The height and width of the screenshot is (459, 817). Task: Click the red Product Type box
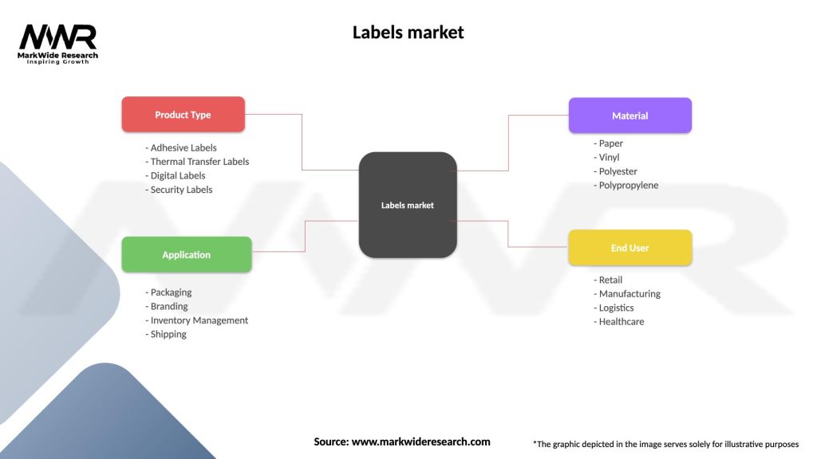coord(183,115)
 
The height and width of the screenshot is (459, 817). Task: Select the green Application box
coord(186,255)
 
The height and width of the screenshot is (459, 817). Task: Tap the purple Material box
coord(630,116)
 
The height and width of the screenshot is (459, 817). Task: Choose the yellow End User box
coord(630,248)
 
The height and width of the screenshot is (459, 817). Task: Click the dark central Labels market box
coord(408,205)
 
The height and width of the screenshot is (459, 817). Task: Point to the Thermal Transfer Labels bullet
coord(199,162)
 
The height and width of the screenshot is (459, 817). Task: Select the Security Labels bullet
coord(180,190)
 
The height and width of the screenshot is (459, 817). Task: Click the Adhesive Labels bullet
coord(183,147)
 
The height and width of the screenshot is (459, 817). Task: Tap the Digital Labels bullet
coord(177,175)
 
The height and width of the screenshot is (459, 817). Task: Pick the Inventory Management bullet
coord(198,320)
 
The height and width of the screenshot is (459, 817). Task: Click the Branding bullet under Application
coord(168,306)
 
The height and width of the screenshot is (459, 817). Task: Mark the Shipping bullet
coord(168,334)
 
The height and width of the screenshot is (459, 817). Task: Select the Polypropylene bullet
coord(627,186)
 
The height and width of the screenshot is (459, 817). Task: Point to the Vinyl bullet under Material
coord(608,158)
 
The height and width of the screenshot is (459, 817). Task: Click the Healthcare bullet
coord(621,322)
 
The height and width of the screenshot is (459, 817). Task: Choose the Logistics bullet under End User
coord(615,308)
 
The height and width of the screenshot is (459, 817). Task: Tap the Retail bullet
coord(610,280)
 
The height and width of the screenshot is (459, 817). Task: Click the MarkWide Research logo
coord(57,44)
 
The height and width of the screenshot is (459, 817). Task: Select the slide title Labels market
coord(408,33)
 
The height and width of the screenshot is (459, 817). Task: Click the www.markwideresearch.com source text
coord(420,441)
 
